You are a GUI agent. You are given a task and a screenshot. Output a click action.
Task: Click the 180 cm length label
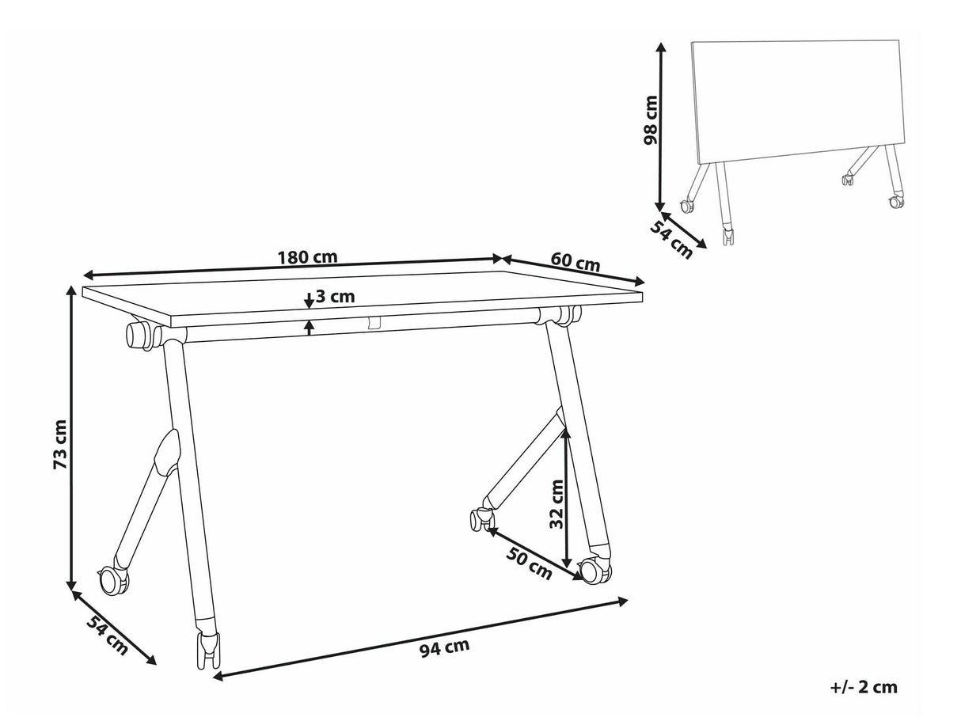308,257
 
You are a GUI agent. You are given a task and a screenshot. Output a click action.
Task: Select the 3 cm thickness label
335,297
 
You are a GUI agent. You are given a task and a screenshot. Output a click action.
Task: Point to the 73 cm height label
60,445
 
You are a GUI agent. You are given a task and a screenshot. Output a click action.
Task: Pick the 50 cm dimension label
529,564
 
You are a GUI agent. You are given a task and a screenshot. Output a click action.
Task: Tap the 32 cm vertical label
556,504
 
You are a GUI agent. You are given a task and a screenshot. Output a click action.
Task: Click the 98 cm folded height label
651,120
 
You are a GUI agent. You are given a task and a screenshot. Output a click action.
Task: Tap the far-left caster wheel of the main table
115,580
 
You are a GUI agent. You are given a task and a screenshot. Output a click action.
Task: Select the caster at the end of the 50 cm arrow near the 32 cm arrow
594,571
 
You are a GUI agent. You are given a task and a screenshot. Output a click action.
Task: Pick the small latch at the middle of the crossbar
374,322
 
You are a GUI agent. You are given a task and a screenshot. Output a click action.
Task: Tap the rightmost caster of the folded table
896,202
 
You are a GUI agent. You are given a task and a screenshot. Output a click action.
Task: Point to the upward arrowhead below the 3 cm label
310,324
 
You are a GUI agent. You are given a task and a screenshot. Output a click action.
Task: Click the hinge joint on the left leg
168,452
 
